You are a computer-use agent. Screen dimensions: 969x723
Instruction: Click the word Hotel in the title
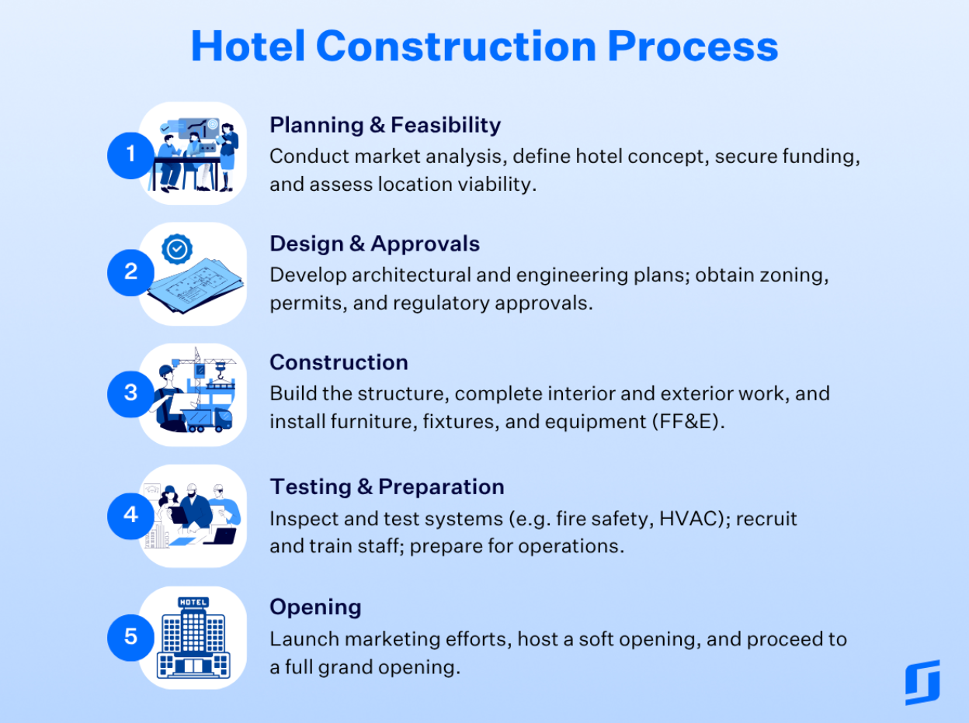[248, 46]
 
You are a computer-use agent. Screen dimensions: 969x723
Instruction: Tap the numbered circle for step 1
[130, 156]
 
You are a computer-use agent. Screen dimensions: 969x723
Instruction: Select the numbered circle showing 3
[130, 394]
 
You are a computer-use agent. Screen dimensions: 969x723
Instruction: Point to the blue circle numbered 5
[130, 638]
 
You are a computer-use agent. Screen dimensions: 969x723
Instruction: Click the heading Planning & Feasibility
[385, 125]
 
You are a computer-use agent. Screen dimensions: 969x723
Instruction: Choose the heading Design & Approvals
[374, 244]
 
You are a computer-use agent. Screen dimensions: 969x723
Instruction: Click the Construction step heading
[339, 362]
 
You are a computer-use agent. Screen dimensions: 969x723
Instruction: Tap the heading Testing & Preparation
[387, 486]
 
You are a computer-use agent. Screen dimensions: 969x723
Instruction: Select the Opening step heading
[315, 607]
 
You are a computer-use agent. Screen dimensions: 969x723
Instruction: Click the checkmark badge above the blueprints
[177, 249]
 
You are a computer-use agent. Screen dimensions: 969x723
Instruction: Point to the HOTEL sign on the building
[193, 602]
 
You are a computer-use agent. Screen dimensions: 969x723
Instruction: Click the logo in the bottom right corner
[922, 682]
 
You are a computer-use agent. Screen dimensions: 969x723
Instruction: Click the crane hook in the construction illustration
[221, 370]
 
